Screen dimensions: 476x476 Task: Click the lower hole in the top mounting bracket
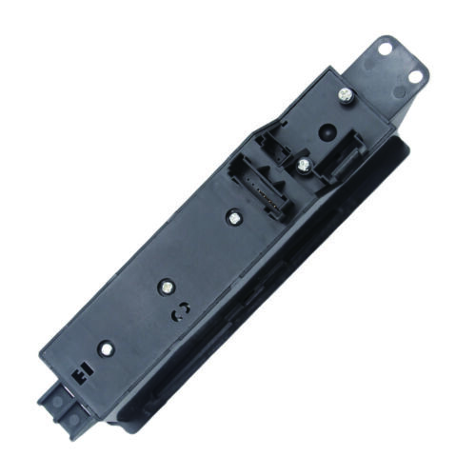(416, 78)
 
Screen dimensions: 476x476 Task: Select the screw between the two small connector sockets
(303, 165)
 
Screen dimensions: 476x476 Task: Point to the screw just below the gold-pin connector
(231, 217)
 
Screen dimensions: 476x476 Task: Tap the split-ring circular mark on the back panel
(177, 312)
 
